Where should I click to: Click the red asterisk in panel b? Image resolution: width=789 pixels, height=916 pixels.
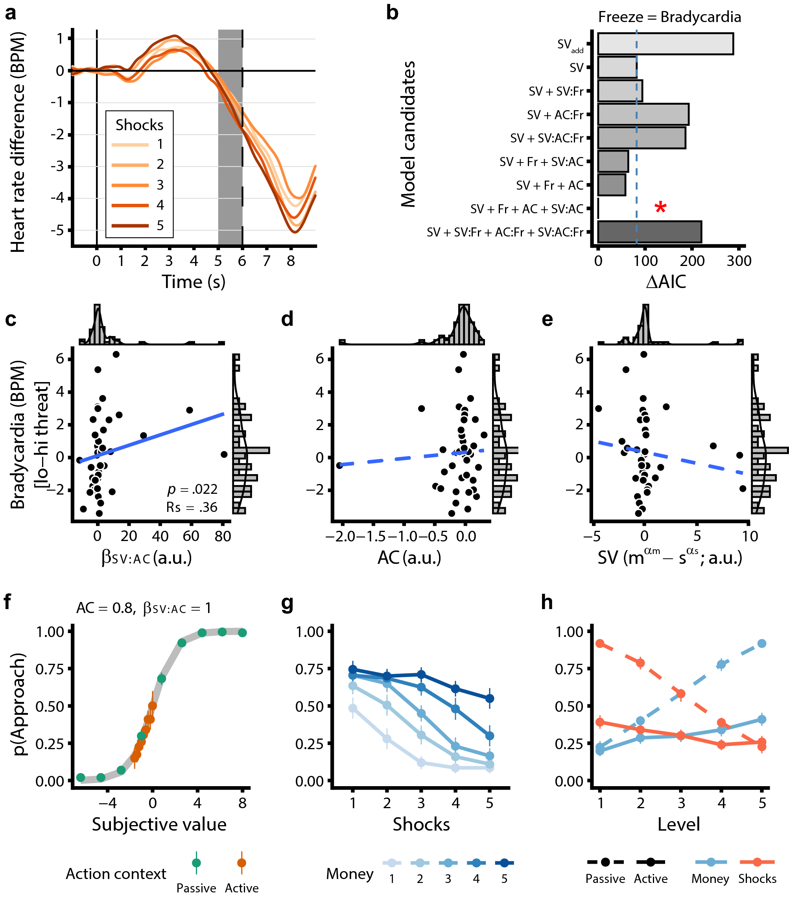[660, 207]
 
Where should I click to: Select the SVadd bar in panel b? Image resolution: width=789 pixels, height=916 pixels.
[665, 44]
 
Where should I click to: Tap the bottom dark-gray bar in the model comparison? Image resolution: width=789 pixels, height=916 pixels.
[649, 232]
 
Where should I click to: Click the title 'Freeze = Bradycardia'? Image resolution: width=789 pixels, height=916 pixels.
[669, 17]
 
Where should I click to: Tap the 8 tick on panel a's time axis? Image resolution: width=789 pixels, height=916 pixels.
[290, 261]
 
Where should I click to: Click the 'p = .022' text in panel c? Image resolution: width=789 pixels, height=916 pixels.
[192, 489]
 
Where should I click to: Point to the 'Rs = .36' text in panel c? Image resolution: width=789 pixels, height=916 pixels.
[192, 507]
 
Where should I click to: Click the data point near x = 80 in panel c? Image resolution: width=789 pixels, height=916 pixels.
[224, 454]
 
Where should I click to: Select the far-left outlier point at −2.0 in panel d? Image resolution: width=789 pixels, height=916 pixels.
[339, 465]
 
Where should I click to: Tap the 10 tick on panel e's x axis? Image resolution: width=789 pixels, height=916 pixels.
[750, 536]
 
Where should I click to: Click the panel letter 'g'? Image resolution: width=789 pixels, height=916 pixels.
[287, 602]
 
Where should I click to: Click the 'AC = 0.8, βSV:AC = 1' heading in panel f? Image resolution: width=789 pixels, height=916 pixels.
[144, 608]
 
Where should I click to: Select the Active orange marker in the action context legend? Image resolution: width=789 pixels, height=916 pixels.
[241, 862]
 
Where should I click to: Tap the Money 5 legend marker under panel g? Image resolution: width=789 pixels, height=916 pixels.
[504, 862]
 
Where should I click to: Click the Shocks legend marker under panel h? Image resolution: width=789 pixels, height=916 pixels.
[757, 862]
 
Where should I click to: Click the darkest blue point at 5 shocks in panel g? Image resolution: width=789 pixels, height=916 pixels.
[489, 698]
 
